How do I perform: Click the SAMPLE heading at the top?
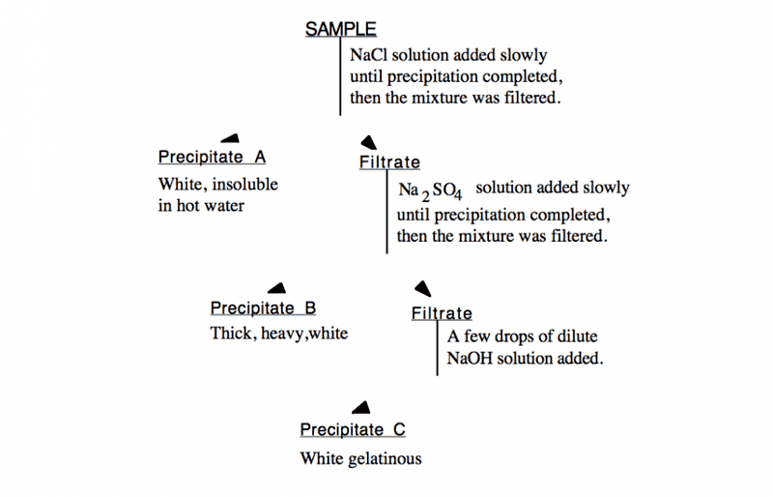[x=341, y=29]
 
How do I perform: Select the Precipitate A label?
[x=212, y=157]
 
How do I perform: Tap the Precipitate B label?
[x=264, y=308]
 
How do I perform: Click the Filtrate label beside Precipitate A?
[x=389, y=162]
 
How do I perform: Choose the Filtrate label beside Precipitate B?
[x=442, y=313]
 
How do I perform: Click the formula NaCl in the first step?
[x=370, y=55]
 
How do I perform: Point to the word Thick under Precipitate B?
[x=229, y=335]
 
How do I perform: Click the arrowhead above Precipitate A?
[x=230, y=137]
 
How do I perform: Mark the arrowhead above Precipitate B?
[x=277, y=287]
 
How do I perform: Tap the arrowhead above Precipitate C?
[x=361, y=408]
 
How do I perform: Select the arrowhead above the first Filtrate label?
[x=368, y=141]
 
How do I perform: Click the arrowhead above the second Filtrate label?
[x=422, y=287]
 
